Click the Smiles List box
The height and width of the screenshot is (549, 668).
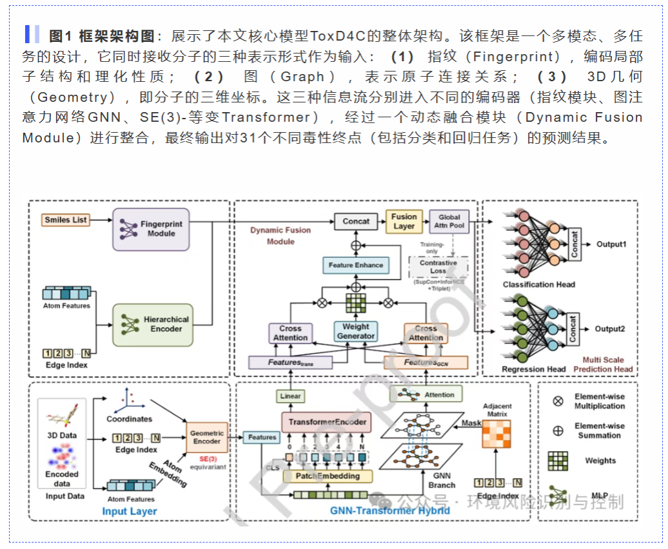(x=66, y=220)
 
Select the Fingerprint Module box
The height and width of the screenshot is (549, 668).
(x=151, y=229)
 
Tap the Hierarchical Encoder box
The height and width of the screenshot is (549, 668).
(x=152, y=324)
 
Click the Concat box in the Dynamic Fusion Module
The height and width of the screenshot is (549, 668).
(x=356, y=221)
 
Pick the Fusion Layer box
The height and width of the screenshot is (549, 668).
(x=404, y=221)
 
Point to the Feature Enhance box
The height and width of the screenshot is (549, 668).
(x=355, y=265)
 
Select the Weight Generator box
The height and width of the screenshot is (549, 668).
(x=355, y=331)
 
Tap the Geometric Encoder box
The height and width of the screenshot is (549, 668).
(x=207, y=438)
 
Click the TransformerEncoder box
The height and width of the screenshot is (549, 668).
(x=326, y=422)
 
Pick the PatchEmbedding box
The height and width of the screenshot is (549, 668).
(x=327, y=476)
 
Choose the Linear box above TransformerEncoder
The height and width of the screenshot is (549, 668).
(x=290, y=396)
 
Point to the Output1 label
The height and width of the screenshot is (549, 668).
(x=610, y=245)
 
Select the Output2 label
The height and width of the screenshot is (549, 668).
(x=610, y=329)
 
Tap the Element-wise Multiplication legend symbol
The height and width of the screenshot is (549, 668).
(x=558, y=401)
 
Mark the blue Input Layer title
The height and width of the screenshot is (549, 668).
(x=130, y=511)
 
